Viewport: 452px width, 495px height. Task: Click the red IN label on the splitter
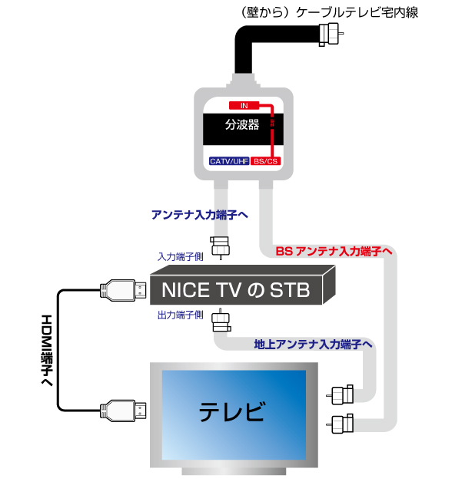point(244,105)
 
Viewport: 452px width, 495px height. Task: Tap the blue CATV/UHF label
point(229,161)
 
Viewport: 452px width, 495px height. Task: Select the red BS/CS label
point(265,161)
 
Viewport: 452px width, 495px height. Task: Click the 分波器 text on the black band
point(242,124)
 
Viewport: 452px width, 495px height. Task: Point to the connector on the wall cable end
point(331,34)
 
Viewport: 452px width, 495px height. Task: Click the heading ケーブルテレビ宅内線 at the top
point(357,12)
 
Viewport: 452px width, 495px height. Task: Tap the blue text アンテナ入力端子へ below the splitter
point(200,215)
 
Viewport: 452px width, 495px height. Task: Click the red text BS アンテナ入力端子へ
point(334,251)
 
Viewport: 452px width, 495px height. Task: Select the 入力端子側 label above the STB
point(181,256)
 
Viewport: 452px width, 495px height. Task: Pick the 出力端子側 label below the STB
point(181,315)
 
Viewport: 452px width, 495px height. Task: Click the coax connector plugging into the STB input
point(220,247)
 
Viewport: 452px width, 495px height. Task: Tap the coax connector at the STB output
point(221,321)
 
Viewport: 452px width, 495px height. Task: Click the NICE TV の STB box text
point(236,290)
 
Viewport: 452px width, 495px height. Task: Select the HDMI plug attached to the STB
point(123,290)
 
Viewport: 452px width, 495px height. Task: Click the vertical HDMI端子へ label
point(47,350)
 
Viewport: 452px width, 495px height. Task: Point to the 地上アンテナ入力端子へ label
point(314,344)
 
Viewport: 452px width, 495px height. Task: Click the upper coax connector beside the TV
point(340,394)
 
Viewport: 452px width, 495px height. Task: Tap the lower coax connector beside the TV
point(340,424)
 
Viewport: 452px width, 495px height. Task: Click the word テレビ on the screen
point(232,411)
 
